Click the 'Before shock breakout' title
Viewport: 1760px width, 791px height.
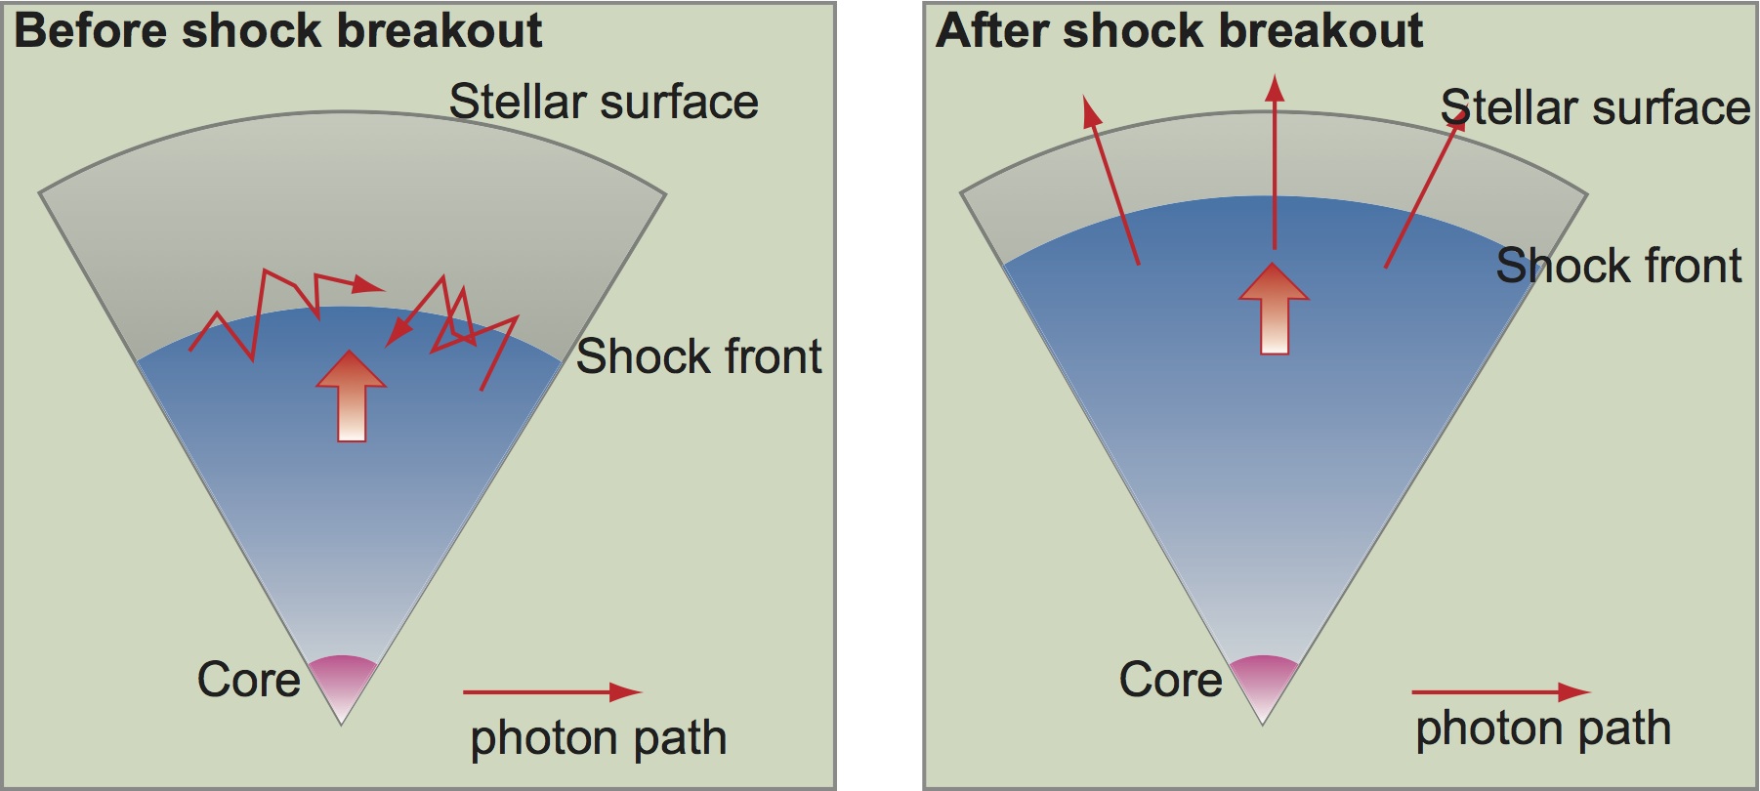278,30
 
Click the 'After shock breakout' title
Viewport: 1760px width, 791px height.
1179,30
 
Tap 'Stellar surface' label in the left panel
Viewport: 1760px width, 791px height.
604,102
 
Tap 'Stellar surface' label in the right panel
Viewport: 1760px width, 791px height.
1595,107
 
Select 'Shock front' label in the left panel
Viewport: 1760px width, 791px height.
698,356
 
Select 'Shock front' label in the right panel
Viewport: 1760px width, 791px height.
1618,266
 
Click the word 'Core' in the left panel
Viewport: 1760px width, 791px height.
248,680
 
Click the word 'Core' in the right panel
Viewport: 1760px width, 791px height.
1170,680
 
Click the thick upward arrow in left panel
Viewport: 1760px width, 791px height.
352,396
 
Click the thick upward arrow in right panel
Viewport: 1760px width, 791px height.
1274,309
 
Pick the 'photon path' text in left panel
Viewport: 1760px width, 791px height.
599,739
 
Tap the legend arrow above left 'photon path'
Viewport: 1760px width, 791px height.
552,692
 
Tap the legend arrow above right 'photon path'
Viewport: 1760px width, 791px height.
1501,692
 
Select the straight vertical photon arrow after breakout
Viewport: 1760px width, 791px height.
1275,162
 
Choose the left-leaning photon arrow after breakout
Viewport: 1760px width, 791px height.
1111,180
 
